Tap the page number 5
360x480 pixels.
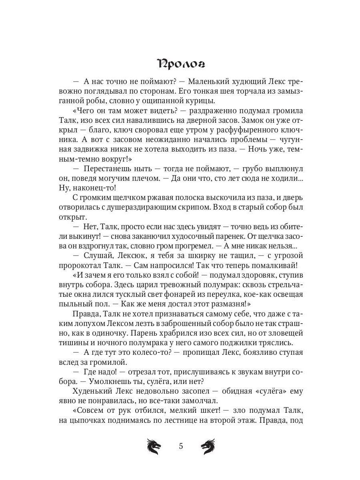pos(181,446)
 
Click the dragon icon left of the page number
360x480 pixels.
pos(154,446)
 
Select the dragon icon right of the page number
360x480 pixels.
pos(208,446)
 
